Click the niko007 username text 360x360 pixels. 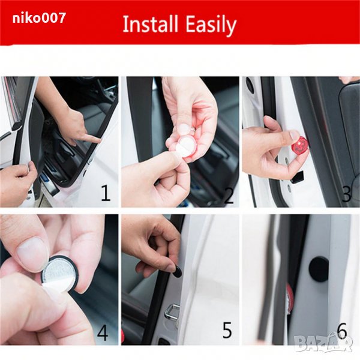point(39,18)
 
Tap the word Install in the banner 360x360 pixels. point(151,24)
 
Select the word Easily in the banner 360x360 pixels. point(211,25)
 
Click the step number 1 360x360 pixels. point(106,193)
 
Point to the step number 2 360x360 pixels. point(229,195)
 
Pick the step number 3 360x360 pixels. point(347,194)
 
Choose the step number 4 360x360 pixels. point(103,332)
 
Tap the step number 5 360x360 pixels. point(227,330)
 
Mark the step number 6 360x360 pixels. point(342,331)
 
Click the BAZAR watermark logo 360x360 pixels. point(323,343)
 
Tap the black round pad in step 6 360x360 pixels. point(319,269)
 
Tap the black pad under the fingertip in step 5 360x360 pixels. point(177,271)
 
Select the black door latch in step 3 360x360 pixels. point(298,177)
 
